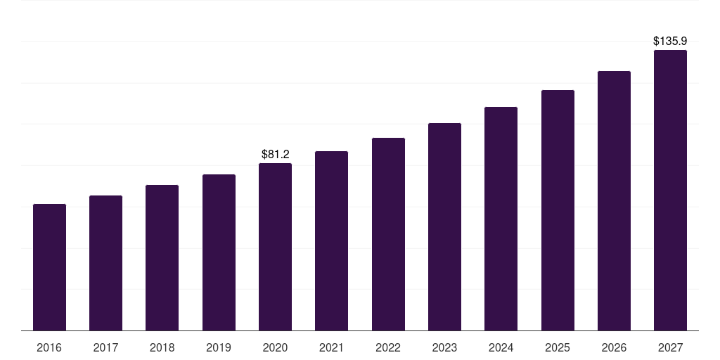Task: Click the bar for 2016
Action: (49, 267)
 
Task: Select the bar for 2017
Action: (105, 263)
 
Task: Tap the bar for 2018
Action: (162, 257)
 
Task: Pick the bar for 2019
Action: (219, 252)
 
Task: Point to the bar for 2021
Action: (331, 240)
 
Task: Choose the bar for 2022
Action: (388, 234)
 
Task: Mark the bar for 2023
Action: (444, 226)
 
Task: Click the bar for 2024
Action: (501, 219)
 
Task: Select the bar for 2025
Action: (558, 210)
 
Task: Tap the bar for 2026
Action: (614, 200)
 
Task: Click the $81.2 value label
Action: (275, 154)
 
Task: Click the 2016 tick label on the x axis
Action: (49, 347)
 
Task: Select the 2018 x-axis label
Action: (162, 347)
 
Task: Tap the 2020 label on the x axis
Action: (275, 347)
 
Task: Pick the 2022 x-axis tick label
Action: (388, 347)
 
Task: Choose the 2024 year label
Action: (501, 347)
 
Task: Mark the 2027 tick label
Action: (670, 347)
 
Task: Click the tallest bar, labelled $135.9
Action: (670, 190)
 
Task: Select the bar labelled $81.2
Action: (275, 247)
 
